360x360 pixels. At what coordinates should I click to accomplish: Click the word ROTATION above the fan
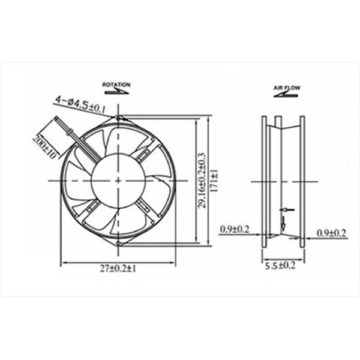coord(116,85)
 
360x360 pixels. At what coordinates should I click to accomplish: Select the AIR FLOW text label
coord(287,88)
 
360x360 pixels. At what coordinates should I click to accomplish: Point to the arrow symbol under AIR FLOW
coord(288,94)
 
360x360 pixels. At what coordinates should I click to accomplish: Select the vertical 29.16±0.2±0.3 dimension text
coord(202,181)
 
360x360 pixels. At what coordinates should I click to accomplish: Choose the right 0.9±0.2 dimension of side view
coord(332,233)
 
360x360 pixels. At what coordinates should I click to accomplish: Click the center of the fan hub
coord(118,181)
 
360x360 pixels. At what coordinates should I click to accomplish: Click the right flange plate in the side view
coord(302,181)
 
